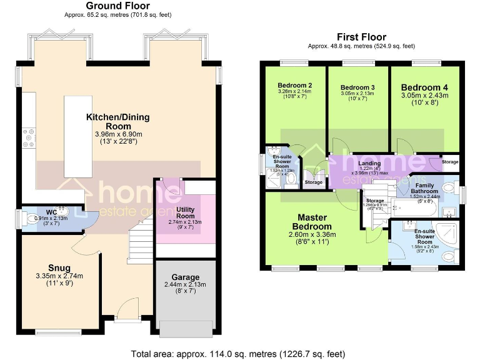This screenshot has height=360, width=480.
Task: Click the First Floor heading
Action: [x=361, y=37]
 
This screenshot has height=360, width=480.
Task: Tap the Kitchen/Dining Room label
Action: [x=118, y=121]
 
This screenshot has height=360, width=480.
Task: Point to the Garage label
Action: [x=186, y=277]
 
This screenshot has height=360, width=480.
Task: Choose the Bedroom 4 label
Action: [x=424, y=87]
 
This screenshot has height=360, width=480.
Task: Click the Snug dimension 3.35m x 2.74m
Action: [x=61, y=276]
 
